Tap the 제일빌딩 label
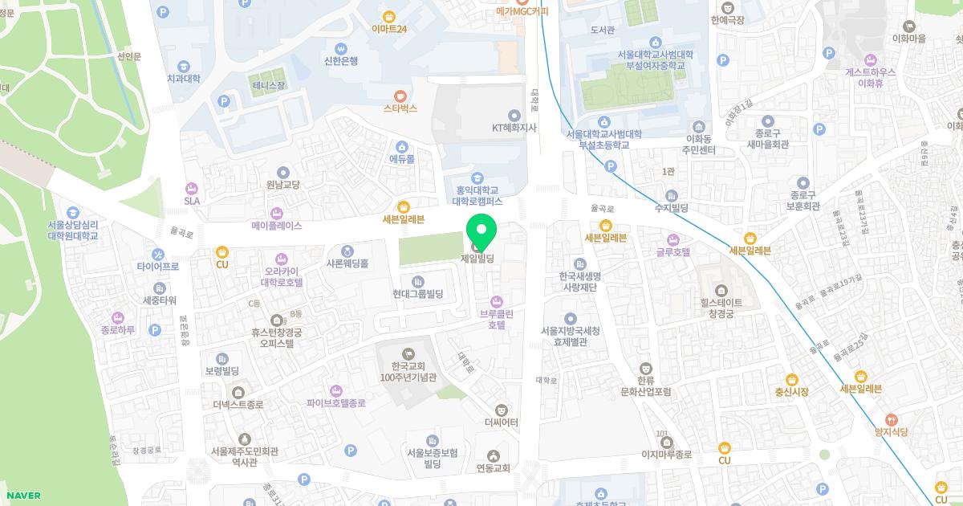click(477, 259)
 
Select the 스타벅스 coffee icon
click(400, 95)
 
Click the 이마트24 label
click(389, 29)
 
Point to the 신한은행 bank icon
click(341, 47)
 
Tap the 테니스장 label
click(268, 84)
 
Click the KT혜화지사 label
click(514, 128)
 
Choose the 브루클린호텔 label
click(497, 320)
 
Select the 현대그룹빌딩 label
click(418, 294)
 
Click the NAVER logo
click(23, 496)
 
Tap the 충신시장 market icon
click(792, 379)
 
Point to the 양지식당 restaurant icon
click(891, 419)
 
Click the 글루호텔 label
click(672, 251)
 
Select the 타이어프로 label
click(157, 266)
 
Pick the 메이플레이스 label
click(277, 226)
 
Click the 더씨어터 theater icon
click(502, 410)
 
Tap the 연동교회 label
click(493, 468)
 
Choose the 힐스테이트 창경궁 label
click(720, 308)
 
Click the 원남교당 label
click(282, 185)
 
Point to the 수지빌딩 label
click(672, 208)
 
